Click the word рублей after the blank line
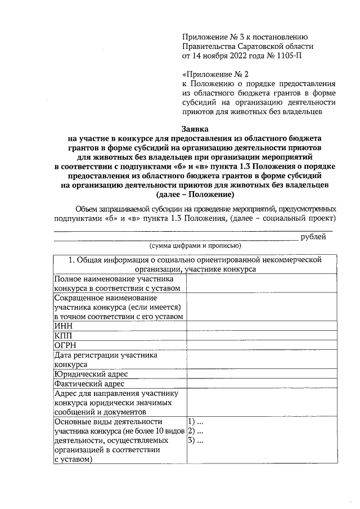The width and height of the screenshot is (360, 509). [313, 237]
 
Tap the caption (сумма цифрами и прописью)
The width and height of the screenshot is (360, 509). [195, 246]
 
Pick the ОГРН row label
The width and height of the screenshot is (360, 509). [65, 345]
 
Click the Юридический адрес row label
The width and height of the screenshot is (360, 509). [91, 374]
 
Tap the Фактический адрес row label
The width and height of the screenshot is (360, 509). [89, 384]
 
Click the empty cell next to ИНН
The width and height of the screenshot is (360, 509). [262, 326]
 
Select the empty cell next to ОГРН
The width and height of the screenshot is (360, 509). [262, 345]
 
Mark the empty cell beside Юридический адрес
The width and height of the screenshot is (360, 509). [262, 374]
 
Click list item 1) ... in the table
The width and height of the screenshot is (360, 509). [195, 422]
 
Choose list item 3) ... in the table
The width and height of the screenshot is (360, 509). [195, 441]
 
